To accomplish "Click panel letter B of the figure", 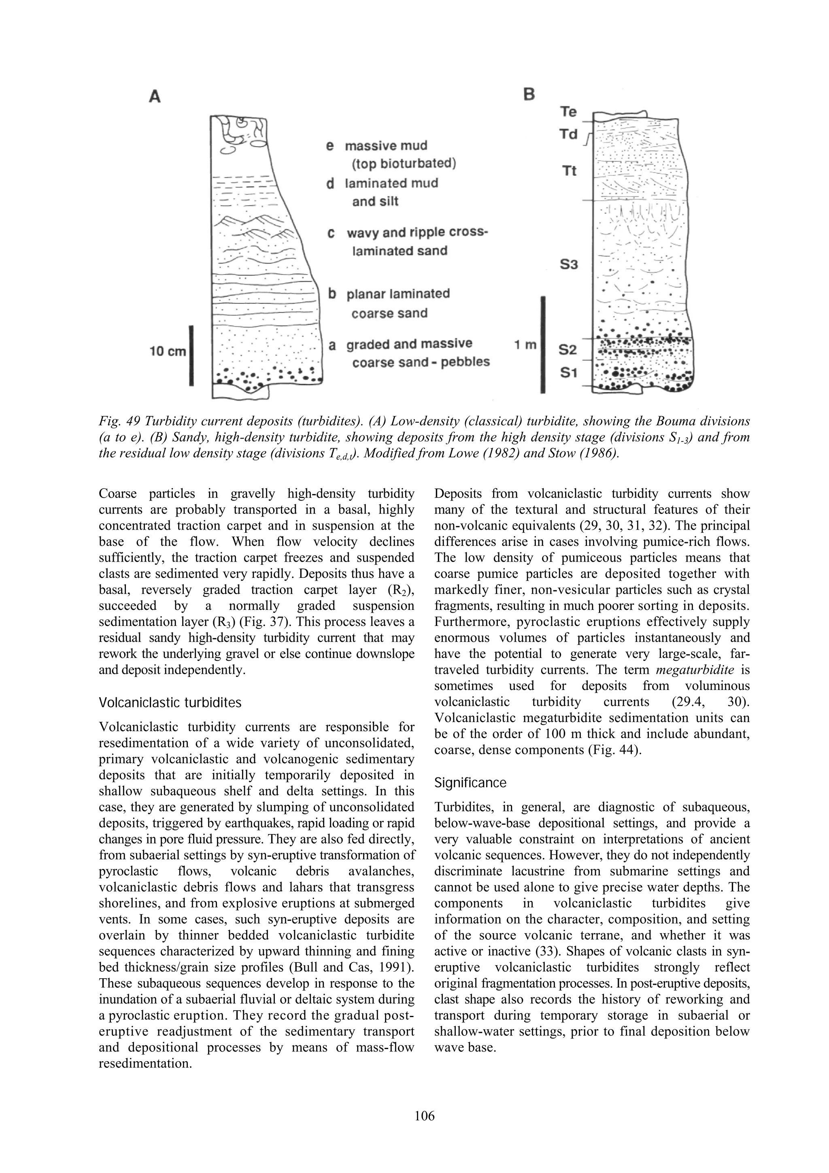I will point(530,94).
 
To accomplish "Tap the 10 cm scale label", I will point(168,351).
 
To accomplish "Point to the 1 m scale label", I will point(525,345).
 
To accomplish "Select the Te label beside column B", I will point(568,112).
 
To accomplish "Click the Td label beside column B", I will point(568,134).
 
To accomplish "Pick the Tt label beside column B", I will point(569,171).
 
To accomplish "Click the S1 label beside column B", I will point(568,373).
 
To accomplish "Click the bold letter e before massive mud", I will point(330,146).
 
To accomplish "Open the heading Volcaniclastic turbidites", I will point(170,703).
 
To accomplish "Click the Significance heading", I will point(470,783).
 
